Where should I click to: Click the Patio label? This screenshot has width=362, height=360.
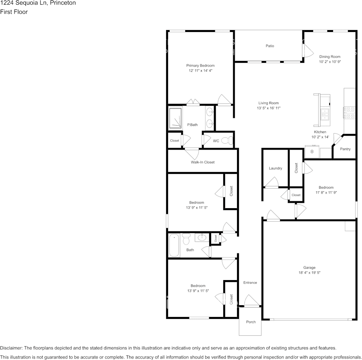coord(270,46)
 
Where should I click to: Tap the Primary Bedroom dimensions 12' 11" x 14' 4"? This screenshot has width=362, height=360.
coord(200,71)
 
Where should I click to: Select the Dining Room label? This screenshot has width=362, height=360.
coord(330,57)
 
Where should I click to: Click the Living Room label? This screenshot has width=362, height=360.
coord(268,103)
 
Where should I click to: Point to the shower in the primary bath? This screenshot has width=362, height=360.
coord(176,118)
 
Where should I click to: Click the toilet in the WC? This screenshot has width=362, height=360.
coord(228,140)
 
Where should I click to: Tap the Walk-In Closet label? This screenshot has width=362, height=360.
coord(202,162)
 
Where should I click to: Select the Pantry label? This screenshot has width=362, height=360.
coord(345,149)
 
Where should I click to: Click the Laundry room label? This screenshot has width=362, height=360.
coord(275,168)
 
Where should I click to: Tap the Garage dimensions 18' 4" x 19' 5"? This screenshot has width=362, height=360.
coord(309,273)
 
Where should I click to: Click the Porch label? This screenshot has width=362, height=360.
coord(251,322)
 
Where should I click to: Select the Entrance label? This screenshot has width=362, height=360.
coord(250,282)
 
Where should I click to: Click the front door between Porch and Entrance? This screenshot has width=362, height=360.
coord(251,305)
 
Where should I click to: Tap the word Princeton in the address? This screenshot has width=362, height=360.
coord(62,3)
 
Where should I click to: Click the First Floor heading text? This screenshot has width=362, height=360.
coord(14,12)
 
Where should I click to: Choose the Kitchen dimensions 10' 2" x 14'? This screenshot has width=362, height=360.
coord(320,137)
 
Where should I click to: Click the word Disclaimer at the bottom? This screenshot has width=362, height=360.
coord(11,348)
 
